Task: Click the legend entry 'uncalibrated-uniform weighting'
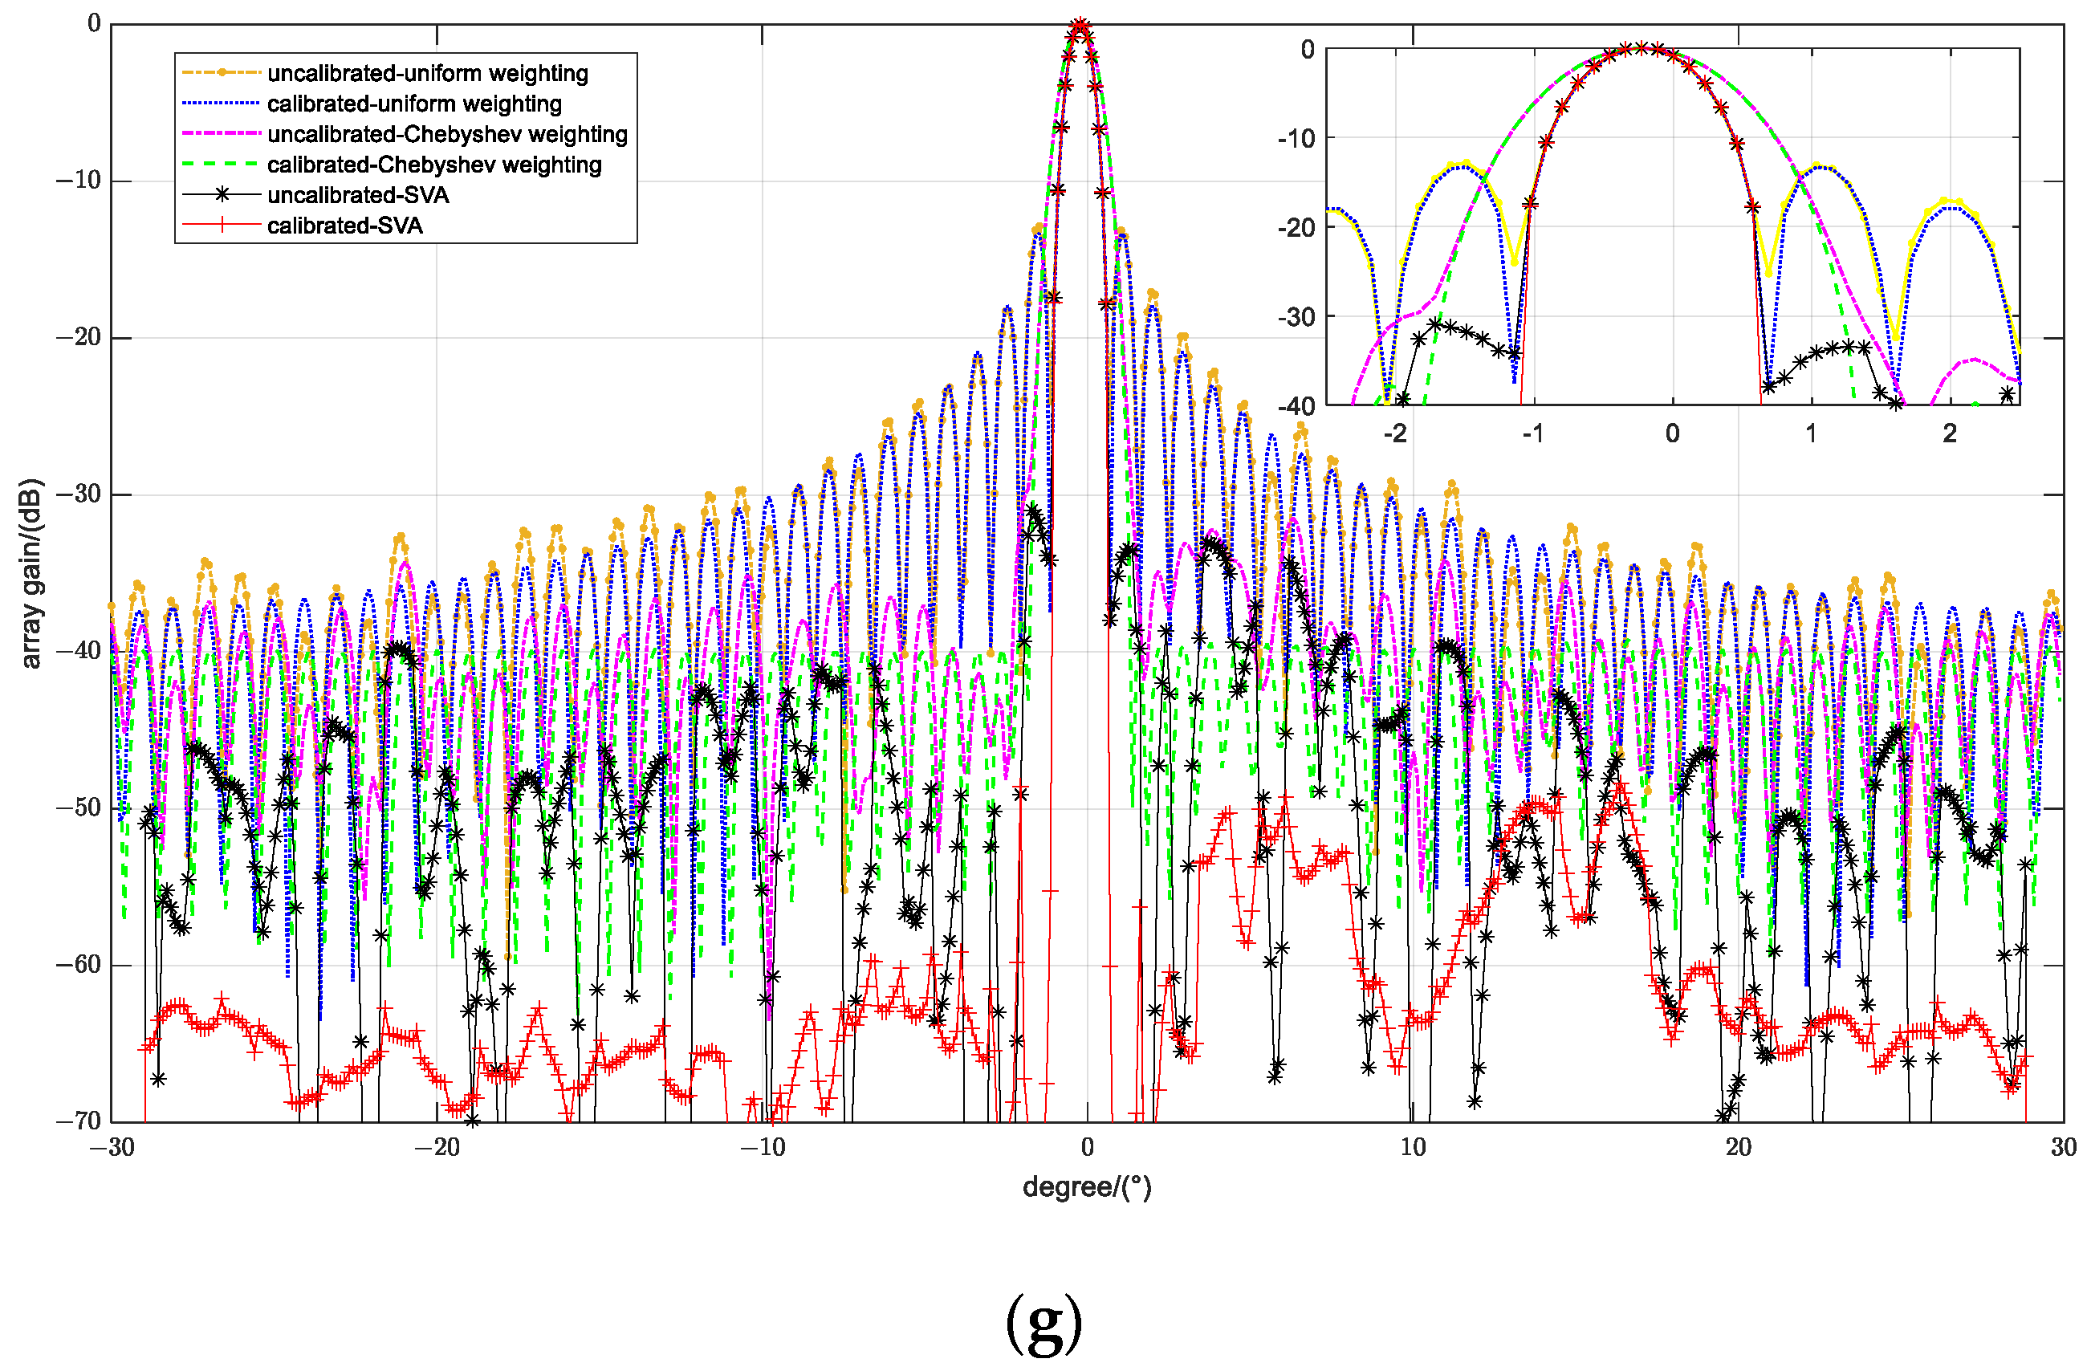coord(427,73)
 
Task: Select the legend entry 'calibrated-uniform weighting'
coord(414,104)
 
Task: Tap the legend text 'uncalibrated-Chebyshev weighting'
coord(447,134)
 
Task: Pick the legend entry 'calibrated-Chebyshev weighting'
coord(434,165)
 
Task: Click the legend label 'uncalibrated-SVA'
coord(358,195)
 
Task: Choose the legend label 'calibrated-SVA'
coord(344,226)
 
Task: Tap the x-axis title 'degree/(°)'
coord(1087,1188)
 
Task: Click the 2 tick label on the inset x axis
coord(1949,433)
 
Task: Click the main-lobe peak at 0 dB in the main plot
coord(1080,26)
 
